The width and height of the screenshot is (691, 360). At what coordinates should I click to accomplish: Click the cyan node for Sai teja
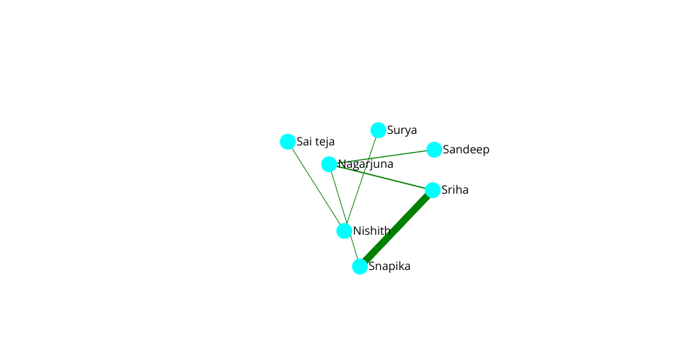[288, 142]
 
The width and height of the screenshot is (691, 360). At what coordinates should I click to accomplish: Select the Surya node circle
[378, 130]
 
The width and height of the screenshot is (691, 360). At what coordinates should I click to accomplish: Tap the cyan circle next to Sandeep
[434, 150]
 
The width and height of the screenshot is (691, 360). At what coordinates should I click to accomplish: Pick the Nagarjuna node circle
[329, 164]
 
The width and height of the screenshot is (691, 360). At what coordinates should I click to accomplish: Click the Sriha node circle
[433, 190]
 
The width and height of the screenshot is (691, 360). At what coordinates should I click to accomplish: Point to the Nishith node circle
[344, 231]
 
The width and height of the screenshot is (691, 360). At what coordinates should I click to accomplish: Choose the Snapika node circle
[360, 266]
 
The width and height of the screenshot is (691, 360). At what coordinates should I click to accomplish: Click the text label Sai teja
[315, 141]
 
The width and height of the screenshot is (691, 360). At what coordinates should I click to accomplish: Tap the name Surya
[402, 130]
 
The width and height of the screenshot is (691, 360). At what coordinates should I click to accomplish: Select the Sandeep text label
[466, 150]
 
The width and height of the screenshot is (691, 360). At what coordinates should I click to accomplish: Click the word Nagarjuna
[366, 164]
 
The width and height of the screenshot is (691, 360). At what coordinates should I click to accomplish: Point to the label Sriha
[455, 190]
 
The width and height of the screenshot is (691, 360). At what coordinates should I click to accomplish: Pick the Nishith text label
[372, 231]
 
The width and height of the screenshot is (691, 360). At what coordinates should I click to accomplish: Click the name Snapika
[389, 266]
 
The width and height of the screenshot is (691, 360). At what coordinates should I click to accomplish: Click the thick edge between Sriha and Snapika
[397, 228]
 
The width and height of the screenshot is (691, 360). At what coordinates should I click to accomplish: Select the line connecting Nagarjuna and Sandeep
[381, 157]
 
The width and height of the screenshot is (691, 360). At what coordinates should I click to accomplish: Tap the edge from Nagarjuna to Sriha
[381, 177]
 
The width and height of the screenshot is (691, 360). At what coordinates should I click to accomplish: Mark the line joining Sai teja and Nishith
[316, 186]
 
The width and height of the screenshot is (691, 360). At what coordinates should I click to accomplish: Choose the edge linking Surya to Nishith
[361, 181]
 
